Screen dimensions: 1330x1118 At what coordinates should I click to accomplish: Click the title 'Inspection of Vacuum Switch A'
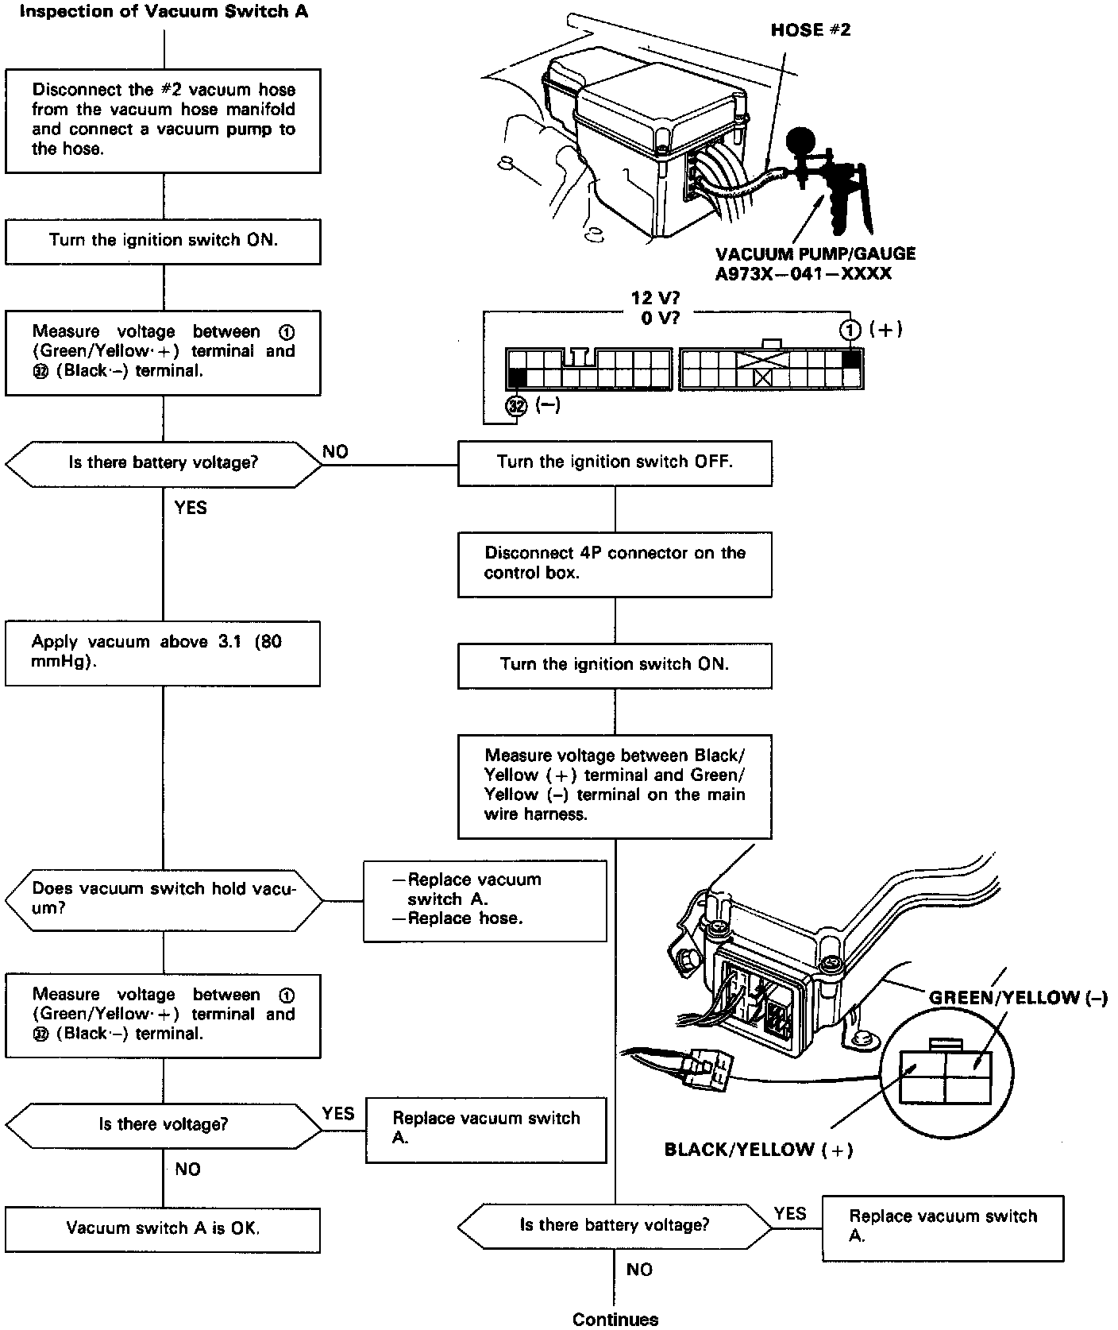(x=163, y=13)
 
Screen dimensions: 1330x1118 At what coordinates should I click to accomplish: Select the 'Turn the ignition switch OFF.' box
(x=615, y=462)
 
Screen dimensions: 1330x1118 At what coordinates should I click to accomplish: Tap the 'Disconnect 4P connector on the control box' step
(x=615, y=563)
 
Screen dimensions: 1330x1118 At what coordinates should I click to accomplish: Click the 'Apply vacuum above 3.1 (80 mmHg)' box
(x=163, y=652)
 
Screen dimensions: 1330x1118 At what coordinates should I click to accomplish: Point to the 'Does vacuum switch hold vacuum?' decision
(x=164, y=899)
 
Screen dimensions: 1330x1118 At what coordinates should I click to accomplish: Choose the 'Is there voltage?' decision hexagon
(x=164, y=1124)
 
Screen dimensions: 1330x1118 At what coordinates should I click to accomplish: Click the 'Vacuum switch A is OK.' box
(x=163, y=1229)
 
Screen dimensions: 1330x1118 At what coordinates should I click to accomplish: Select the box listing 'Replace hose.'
(x=484, y=900)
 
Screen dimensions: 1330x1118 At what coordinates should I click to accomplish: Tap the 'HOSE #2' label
(x=811, y=30)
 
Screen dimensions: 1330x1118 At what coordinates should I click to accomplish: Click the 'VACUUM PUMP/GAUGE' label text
(x=815, y=254)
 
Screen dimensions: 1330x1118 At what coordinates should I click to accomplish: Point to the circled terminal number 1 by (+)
(x=851, y=330)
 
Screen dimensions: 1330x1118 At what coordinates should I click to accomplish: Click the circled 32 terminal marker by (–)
(x=517, y=406)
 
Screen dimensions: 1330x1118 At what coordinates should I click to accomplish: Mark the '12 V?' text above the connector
(x=655, y=299)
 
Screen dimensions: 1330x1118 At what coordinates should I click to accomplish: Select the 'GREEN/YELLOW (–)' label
(x=1017, y=998)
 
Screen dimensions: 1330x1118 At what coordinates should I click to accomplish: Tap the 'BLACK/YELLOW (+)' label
(x=758, y=1150)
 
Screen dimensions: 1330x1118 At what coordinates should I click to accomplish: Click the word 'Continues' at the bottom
(x=615, y=1319)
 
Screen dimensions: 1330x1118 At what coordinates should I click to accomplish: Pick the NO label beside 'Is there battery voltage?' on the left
(x=335, y=452)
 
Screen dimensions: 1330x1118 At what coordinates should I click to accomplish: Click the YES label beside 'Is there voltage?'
(x=338, y=1113)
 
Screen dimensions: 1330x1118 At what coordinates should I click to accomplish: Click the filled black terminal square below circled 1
(x=851, y=359)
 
